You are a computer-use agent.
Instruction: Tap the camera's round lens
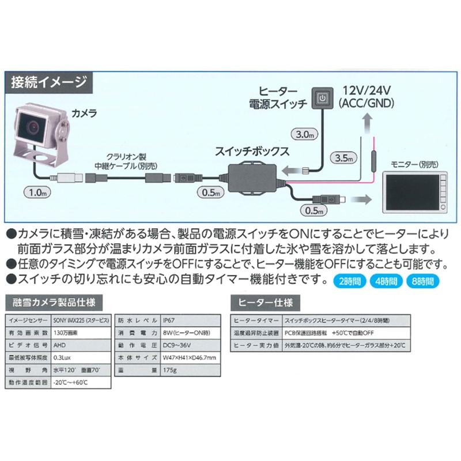(34, 124)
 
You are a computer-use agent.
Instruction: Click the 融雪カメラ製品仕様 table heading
(55, 302)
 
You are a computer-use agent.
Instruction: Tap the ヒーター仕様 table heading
(263, 302)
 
